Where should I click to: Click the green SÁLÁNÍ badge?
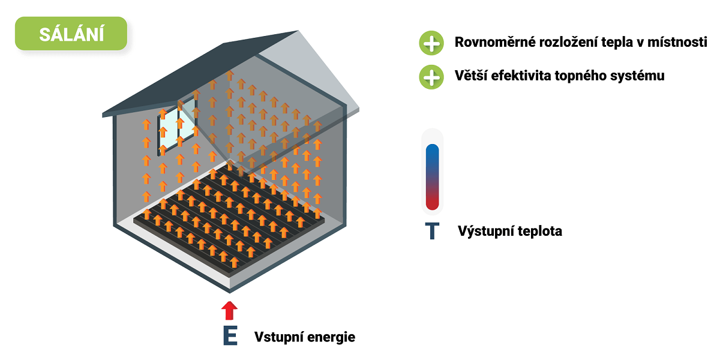click(71, 34)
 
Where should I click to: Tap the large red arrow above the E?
click(229, 311)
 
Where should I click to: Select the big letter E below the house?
click(230, 335)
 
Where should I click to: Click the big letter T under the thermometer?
click(432, 231)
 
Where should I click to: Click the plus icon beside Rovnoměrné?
click(431, 43)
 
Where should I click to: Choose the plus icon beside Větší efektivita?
click(431, 77)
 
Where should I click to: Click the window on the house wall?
click(177, 126)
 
